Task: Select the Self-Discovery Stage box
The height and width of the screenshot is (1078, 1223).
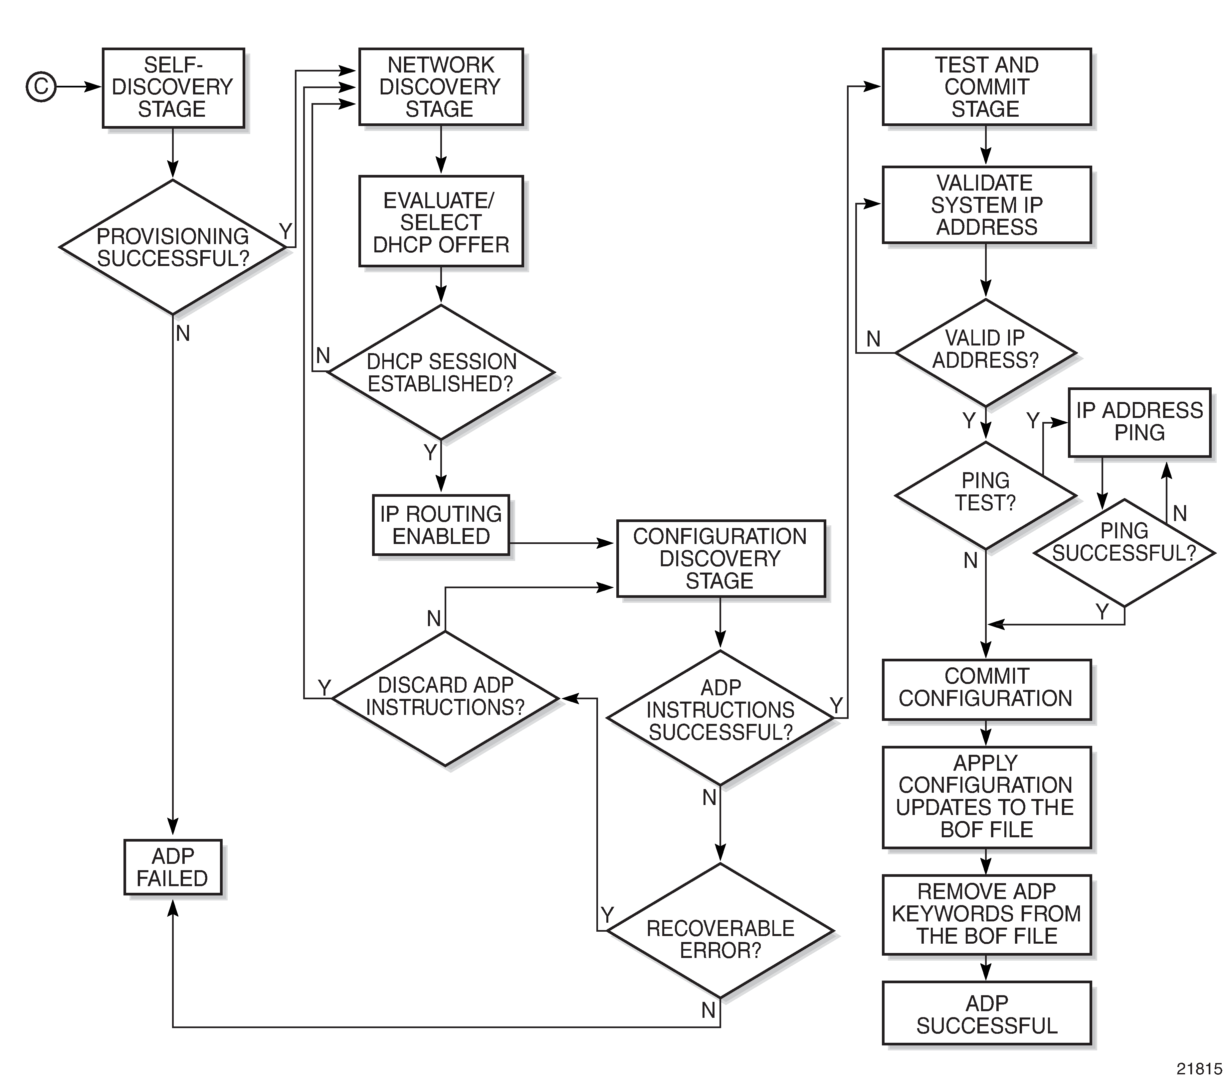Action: [173, 88]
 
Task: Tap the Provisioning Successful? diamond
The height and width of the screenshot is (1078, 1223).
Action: [173, 247]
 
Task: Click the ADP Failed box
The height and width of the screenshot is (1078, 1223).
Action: [173, 867]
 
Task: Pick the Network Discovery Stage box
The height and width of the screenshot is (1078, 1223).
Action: [441, 87]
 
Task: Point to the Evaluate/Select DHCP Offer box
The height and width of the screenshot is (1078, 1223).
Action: [441, 221]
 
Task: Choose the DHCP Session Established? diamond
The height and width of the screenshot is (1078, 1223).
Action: [441, 372]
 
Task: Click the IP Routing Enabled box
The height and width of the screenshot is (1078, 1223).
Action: [441, 525]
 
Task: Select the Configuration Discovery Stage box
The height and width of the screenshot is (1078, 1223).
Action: [721, 558]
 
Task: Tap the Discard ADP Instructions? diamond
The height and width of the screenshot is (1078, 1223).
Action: [446, 698]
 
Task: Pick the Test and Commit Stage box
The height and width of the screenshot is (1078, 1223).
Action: [987, 87]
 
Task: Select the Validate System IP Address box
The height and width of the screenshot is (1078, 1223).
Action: [987, 204]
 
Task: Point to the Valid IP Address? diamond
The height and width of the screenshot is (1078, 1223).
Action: [985, 353]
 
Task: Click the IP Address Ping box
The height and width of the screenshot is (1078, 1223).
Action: [1140, 422]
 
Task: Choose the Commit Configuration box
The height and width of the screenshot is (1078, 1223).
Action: [987, 689]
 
